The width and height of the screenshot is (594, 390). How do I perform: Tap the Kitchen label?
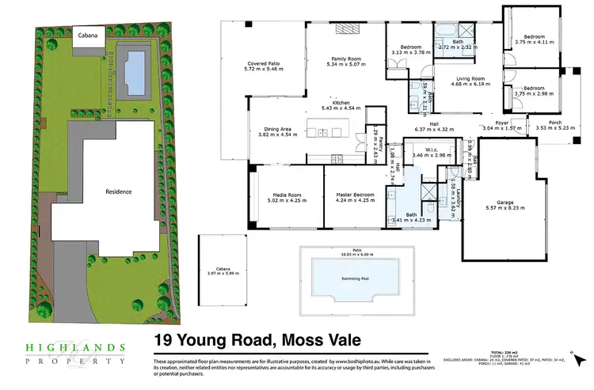(341, 103)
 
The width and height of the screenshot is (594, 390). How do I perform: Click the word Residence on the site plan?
(119, 191)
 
